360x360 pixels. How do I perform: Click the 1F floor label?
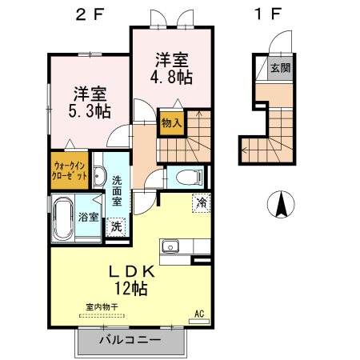(268, 14)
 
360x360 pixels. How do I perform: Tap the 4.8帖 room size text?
(171, 78)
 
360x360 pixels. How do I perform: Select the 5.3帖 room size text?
(90, 111)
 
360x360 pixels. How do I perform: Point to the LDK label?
(131, 272)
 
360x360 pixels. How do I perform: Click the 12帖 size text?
(131, 288)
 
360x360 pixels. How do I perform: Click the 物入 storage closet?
(172, 123)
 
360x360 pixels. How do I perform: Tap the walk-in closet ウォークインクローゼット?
(70, 170)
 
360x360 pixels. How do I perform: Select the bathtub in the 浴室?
(63, 218)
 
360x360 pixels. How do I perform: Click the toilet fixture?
(189, 177)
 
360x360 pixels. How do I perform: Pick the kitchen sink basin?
(170, 246)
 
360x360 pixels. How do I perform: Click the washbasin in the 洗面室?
(99, 176)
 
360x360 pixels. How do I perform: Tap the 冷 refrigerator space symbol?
(202, 203)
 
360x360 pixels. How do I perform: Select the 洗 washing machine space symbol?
(116, 227)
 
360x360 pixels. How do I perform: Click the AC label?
(199, 314)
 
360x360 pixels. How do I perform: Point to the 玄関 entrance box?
(281, 68)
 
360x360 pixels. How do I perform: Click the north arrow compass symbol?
(281, 204)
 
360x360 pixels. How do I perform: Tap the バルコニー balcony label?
(130, 340)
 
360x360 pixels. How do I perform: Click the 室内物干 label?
(102, 307)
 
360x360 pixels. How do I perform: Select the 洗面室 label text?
(117, 191)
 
